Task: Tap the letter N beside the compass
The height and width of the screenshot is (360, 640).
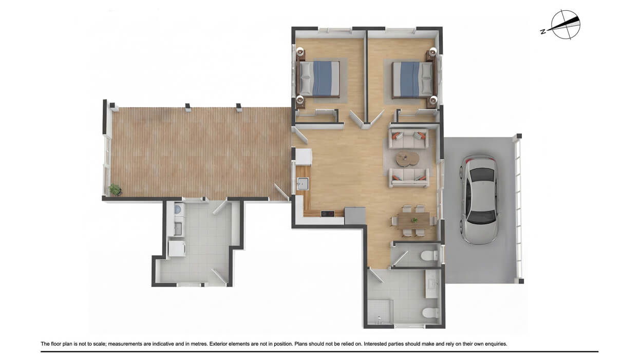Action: tap(543, 32)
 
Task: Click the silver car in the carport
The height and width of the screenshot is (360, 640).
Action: tap(480, 199)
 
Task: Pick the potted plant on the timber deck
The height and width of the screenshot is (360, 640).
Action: tap(115, 190)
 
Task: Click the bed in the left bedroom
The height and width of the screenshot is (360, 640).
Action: tap(319, 79)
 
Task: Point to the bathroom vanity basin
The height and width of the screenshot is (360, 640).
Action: tap(431, 285)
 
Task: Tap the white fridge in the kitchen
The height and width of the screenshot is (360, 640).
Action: tap(304, 156)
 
